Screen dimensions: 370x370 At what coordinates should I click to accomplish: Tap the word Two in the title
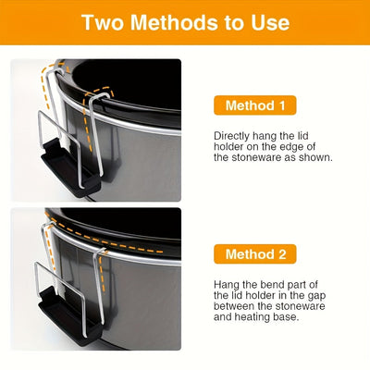click(103, 22)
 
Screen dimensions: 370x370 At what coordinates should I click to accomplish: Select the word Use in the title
click(271, 22)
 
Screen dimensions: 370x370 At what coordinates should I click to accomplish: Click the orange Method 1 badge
click(255, 105)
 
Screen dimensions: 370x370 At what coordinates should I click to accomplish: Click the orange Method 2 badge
click(255, 254)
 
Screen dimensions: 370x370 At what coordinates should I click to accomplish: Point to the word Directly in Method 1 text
click(231, 136)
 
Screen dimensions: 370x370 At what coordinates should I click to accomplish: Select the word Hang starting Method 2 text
click(227, 285)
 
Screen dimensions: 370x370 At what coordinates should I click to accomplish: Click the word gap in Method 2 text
click(316, 296)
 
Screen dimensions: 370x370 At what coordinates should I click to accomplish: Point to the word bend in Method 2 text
click(273, 285)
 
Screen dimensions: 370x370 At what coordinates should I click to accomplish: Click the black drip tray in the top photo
click(70, 169)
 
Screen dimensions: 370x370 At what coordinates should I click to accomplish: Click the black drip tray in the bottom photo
click(69, 317)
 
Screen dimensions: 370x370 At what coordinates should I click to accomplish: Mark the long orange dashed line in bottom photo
click(105, 237)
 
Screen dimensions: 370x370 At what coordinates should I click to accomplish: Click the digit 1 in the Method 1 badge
click(281, 105)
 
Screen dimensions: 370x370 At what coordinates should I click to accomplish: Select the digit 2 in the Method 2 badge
click(282, 254)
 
